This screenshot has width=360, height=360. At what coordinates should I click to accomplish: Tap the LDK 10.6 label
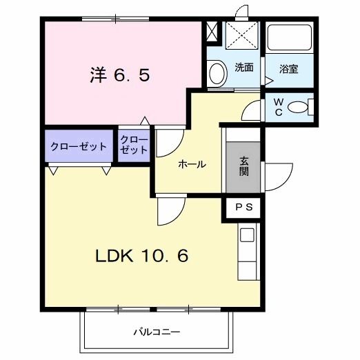pos(141,256)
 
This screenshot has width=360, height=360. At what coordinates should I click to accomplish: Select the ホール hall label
pos(192,164)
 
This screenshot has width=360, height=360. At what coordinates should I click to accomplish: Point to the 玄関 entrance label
pos(244,167)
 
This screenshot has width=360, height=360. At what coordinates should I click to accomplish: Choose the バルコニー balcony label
pos(157,332)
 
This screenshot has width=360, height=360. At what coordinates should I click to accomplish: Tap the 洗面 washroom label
pos(243,68)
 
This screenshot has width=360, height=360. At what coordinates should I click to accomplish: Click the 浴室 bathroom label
pos(288,69)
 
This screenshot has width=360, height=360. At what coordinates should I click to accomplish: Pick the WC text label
pos(279,108)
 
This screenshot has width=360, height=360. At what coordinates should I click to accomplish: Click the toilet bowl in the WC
pos(299,108)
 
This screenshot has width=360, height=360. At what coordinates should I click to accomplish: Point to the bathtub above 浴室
pos(289,39)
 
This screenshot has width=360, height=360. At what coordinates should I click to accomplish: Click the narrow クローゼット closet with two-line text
pos(134,146)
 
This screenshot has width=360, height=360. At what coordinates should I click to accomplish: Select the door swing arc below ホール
pos(170,210)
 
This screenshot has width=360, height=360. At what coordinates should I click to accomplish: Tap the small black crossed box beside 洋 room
pos(211,32)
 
